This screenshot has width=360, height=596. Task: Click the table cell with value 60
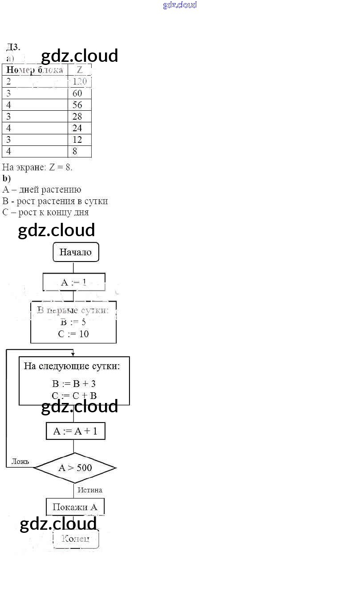click(79, 93)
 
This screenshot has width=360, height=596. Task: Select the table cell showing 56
click(79, 105)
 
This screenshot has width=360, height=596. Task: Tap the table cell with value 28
click(79, 117)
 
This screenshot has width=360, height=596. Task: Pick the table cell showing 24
click(79, 128)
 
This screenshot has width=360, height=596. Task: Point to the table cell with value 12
click(79, 140)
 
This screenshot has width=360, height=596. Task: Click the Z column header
click(80, 70)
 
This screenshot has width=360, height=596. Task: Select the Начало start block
click(76, 252)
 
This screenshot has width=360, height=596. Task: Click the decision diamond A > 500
click(75, 467)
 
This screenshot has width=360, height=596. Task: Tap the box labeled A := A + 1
click(75, 431)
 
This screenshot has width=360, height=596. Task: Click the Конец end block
click(76, 539)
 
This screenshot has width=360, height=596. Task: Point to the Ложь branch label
click(20, 461)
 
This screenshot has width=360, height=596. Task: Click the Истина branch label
click(90, 490)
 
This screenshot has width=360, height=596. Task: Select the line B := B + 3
click(74, 384)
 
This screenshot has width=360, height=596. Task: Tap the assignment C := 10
click(73, 334)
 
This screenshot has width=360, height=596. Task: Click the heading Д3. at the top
click(13, 47)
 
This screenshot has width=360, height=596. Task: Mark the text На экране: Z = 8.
click(37, 167)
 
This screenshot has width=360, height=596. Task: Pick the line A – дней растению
click(42, 190)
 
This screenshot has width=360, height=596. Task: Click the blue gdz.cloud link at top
click(180, 5)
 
